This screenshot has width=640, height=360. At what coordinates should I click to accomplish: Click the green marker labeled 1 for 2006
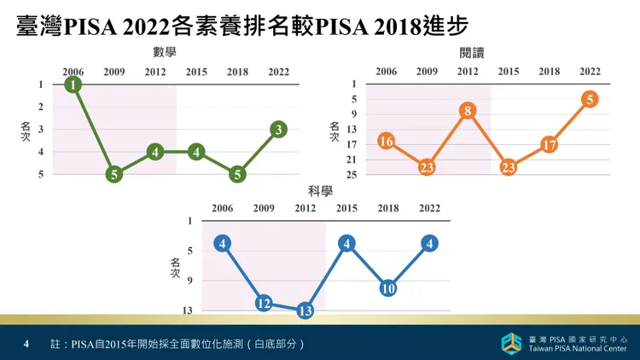pos(73,84)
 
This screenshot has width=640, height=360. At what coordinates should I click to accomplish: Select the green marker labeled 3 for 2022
pos(278,130)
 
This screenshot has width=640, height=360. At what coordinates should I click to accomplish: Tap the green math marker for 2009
pos(114,175)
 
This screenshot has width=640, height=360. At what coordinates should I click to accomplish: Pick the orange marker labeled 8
pos(467,111)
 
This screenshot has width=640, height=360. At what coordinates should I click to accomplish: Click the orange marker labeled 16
pos(386,142)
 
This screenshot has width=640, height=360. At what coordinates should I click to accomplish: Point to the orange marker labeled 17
pos(550,145)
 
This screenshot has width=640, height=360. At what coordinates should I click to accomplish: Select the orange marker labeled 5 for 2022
pos(590,100)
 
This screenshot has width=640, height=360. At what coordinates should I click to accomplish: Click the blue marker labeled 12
pos(264,304)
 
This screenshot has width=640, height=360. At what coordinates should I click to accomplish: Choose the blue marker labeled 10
pos(387,288)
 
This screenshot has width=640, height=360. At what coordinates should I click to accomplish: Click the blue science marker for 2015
pos(346,244)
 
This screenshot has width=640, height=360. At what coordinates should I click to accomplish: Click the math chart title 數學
pos(165,52)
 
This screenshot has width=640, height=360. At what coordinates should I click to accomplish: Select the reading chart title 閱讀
pos(472,53)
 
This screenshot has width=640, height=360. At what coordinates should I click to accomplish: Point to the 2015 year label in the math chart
pos(196,72)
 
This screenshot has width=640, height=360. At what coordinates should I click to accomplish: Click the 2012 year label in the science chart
pos(305,208)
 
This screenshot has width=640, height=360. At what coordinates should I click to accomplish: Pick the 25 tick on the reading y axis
pos(351,175)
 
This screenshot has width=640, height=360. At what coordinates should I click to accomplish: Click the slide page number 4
pos(26,344)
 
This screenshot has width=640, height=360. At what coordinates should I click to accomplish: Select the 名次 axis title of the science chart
pos(175,267)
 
